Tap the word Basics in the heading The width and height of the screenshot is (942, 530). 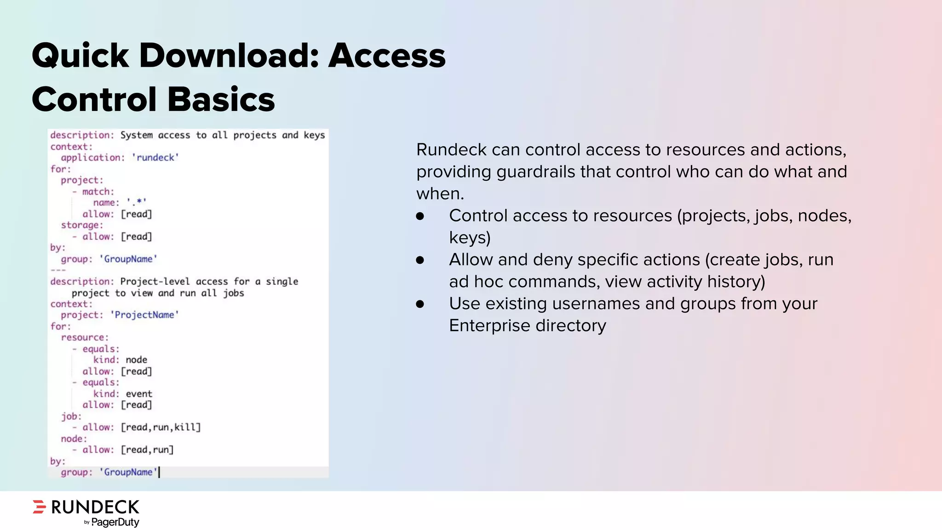coord(221,100)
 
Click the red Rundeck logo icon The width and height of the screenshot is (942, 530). coord(40,507)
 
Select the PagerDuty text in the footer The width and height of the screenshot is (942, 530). coord(115,522)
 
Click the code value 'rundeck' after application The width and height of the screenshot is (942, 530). coord(155,158)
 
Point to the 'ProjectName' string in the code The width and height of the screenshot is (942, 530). coord(144,315)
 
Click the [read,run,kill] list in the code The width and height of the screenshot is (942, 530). coord(161,427)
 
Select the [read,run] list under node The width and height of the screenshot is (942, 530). coord(147,450)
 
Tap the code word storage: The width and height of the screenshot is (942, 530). coord(82,225)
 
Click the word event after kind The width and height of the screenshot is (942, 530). coord(139,394)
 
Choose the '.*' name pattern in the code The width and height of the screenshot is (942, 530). coord(137,202)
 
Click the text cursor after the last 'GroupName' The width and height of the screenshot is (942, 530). coord(159,472)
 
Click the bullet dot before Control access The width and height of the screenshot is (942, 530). coord(420,216)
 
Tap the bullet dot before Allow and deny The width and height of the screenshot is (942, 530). coord(420,260)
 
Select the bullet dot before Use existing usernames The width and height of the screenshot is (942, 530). coord(420,304)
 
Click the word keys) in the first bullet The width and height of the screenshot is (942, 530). coord(470,238)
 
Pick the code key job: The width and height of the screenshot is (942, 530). coord(71,416)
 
